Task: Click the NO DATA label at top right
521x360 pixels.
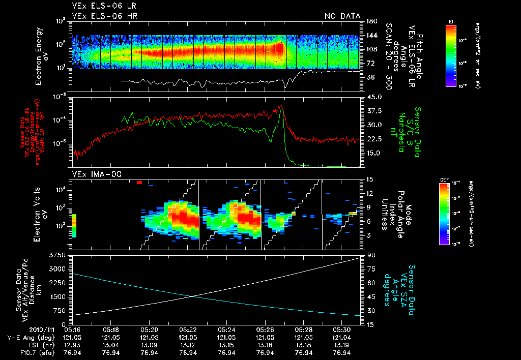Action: point(342,16)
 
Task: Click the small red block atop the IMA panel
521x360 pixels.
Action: point(139,182)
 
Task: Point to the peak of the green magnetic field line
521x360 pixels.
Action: point(282,109)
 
